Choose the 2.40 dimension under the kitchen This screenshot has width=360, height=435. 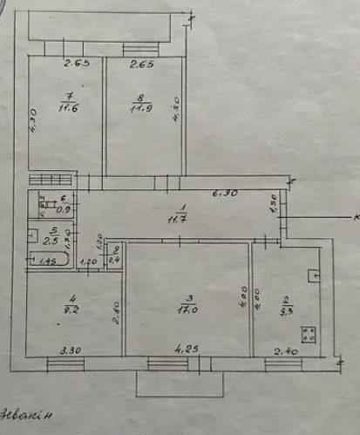click(x=285, y=351)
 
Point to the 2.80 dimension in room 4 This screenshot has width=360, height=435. click(x=115, y=311)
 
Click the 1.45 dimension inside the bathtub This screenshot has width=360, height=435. click(x=48, y=261)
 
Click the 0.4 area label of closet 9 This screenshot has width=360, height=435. click(x=114, y=260)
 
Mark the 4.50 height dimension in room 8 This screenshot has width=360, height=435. click(x=177, y=109)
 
